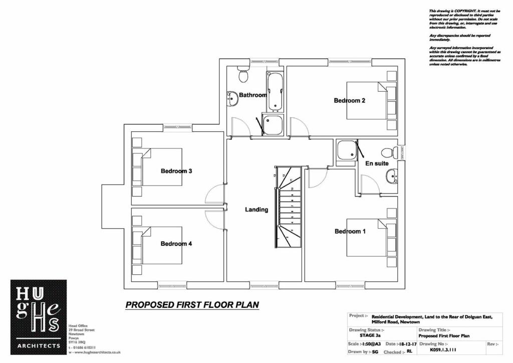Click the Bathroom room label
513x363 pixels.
pyautogui.click(x=252, y=95)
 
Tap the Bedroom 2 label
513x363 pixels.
pyautogui.click(x=349, y=100)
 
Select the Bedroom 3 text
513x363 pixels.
pyautogui.click(x=176, y=171)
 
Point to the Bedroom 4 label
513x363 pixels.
pyautogui.click(x=176, y=244)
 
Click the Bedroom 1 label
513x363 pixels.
pyautogui.click(x=350, y=232)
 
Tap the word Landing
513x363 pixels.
pyautogui.click(x=256, y=210)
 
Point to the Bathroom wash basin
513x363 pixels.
pyautogui.click(x=232, y=98)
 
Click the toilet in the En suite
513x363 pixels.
pyautogui.click(x=389, y=152)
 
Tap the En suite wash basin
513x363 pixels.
pyautogui.click(x=391, y=175)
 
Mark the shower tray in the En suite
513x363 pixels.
pyautogui.click(x=346, y=151)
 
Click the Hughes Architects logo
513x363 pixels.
pyautogui.click(x=39, y=317)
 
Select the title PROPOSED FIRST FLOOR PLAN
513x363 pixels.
pyautogui.click(x=192, y=304)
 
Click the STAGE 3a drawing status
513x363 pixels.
pyautogui.click(x=371, y=336)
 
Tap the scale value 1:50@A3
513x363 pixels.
pyautogui.click(x=371, y=344)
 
